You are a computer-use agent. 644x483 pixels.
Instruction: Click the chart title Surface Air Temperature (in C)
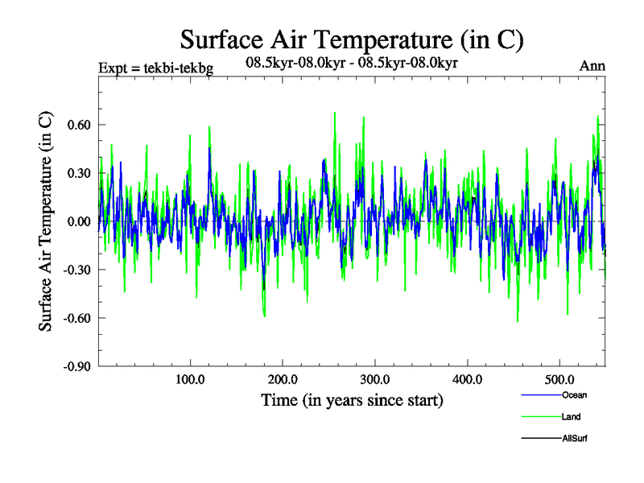(353, 39)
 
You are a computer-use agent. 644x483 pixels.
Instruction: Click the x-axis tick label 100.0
(190, 379)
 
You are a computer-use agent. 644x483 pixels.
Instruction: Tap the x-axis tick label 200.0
(283, 379)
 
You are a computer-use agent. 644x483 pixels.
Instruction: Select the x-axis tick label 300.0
(375, 379)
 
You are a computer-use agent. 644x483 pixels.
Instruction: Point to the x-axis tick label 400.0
(468, 379)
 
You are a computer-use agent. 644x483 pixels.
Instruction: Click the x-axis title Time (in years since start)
(352, 400)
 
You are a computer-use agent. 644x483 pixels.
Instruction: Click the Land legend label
(571, 417)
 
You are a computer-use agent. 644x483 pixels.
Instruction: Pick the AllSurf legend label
(574, 439)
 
